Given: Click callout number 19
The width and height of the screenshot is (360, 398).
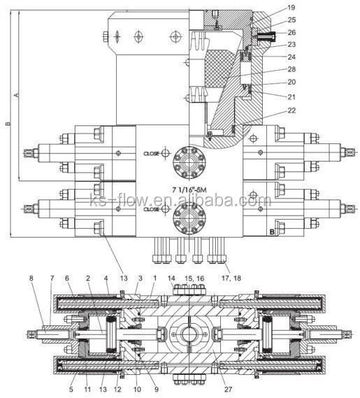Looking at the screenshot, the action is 291,8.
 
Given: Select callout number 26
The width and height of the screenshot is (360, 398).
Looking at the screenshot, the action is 291,32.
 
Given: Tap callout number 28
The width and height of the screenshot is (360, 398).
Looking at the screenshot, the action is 291,69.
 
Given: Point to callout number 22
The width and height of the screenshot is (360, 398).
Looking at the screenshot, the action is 291,111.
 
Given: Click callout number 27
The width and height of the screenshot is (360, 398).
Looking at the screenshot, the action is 228,389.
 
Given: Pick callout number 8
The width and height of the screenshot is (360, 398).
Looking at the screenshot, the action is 31,278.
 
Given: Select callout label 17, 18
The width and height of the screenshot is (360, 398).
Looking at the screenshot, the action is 231,278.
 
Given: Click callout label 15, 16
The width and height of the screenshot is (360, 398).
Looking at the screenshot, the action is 194,278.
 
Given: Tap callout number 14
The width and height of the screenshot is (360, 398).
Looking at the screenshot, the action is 171,278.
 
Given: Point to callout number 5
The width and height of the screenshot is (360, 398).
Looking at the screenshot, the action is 71,389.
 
